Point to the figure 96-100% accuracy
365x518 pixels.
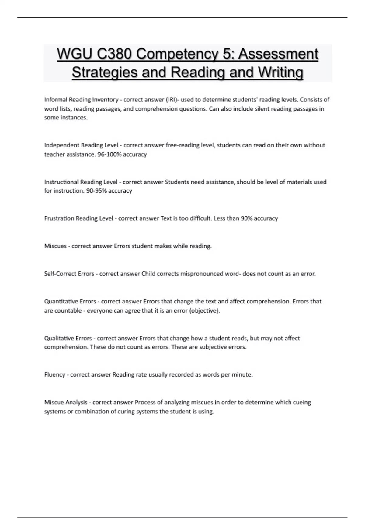click(122, 154)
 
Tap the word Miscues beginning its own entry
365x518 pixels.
click(55, 246)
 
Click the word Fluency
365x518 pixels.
click(55, 375)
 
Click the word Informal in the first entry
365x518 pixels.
click(56, 100)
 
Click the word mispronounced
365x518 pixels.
click(202, 274)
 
